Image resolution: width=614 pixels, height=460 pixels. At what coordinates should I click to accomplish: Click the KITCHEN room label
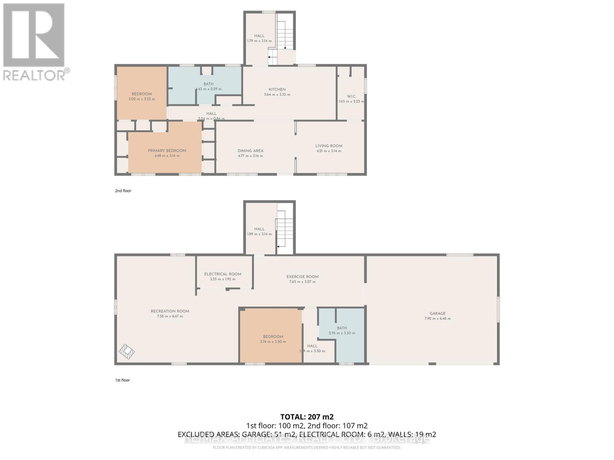click(277, 89)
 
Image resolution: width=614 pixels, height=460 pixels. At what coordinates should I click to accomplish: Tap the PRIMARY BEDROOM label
click(167, 151)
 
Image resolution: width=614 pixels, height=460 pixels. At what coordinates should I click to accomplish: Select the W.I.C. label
click(351, 96)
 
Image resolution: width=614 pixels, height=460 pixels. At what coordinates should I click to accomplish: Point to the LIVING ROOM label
click(329, 146)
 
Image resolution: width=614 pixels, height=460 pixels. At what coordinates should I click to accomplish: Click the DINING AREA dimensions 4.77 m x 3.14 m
click(250, 156)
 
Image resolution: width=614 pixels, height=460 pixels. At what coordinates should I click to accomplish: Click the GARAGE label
click(437, 313)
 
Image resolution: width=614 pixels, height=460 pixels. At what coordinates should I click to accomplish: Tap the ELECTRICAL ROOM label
click(223, 274)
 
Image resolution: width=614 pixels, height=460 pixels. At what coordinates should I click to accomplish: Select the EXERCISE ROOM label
click(302, 276)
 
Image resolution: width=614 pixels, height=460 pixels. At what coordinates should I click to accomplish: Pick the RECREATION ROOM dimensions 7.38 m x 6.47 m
click(170, 316)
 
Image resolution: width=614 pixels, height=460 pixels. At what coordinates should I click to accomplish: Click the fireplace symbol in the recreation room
click(127, 351)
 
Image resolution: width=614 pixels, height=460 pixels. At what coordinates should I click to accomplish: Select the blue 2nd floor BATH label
click(208, 84)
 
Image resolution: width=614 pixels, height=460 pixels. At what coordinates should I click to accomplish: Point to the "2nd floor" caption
click(123, 191)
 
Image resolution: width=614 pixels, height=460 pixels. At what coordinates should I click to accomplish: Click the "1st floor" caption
click(123, 380)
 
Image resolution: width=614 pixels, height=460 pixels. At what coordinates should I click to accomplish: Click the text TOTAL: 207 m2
click(307, 417)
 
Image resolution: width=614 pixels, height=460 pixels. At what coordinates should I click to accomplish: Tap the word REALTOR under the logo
click(35, 75)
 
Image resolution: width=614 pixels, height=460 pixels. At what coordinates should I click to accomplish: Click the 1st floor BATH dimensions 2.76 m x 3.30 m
click(342, 333)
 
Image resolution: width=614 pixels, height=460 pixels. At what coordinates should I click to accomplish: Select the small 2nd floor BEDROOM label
click(142, 94)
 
